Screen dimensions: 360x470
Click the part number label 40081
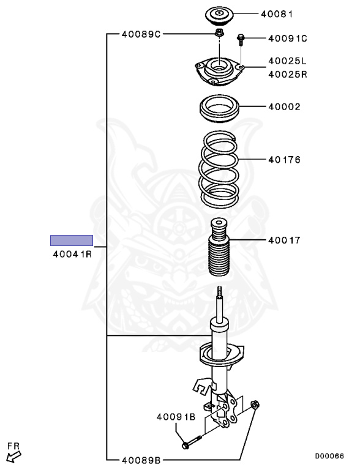click(277, 14)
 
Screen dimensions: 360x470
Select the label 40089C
click(141, 34)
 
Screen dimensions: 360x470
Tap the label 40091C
click(288, 39)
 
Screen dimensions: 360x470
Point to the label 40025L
click(287, 61)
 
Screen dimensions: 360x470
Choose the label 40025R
click(288, 74)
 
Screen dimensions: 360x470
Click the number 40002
click(284, 106)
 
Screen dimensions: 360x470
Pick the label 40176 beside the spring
click(284, 160)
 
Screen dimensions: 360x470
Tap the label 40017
click(284, 240)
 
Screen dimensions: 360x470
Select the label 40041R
click(72, 254)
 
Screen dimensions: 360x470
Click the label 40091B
click(176, 417)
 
